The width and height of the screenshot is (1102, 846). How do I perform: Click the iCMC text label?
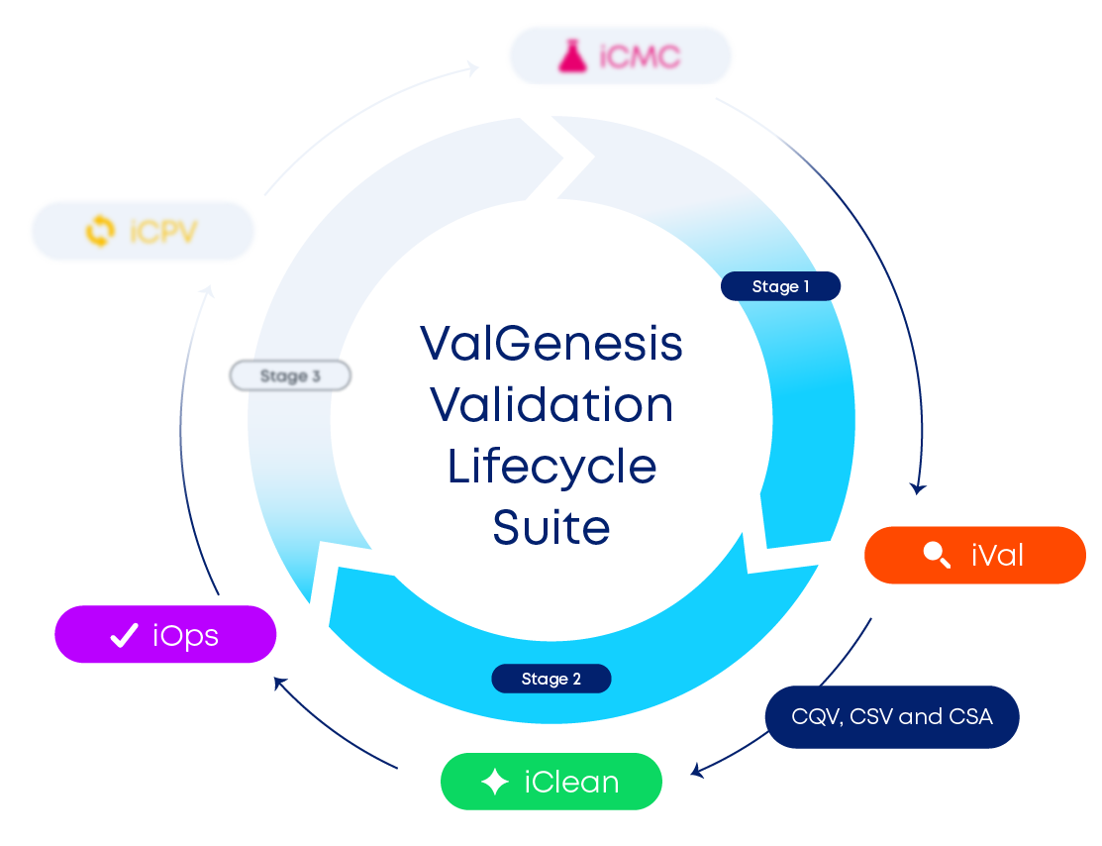click(x=641, y=56)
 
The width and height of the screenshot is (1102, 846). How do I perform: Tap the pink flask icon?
click(x=573, y=56)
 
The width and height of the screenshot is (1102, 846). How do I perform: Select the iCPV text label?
click(x=163, y=232)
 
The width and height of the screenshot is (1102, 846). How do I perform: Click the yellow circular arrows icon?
click(x=100, y=232)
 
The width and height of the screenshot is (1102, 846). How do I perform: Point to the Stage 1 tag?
click(x=781, y=286)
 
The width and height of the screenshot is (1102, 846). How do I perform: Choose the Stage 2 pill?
click(x=551, y=679)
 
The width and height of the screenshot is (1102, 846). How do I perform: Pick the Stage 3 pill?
click(x=290, y=376)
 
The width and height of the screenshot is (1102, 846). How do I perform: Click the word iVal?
click(x=997, y=555)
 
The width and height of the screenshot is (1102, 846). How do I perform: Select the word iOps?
click(x=185, y=636)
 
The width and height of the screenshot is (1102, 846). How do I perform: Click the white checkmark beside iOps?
click(x=123, y=636)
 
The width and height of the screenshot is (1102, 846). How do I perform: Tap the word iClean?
click(x=571, y=783)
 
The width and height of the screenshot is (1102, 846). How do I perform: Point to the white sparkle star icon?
click(x=494, y=783)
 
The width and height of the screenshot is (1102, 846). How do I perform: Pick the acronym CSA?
click(x=970, y=716)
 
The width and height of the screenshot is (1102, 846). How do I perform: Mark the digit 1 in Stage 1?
click(x=806, y=286)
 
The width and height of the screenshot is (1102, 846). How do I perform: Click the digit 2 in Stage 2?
click(x=576, y=679)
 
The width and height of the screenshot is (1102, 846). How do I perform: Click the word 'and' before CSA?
click(x=920, y=716)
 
